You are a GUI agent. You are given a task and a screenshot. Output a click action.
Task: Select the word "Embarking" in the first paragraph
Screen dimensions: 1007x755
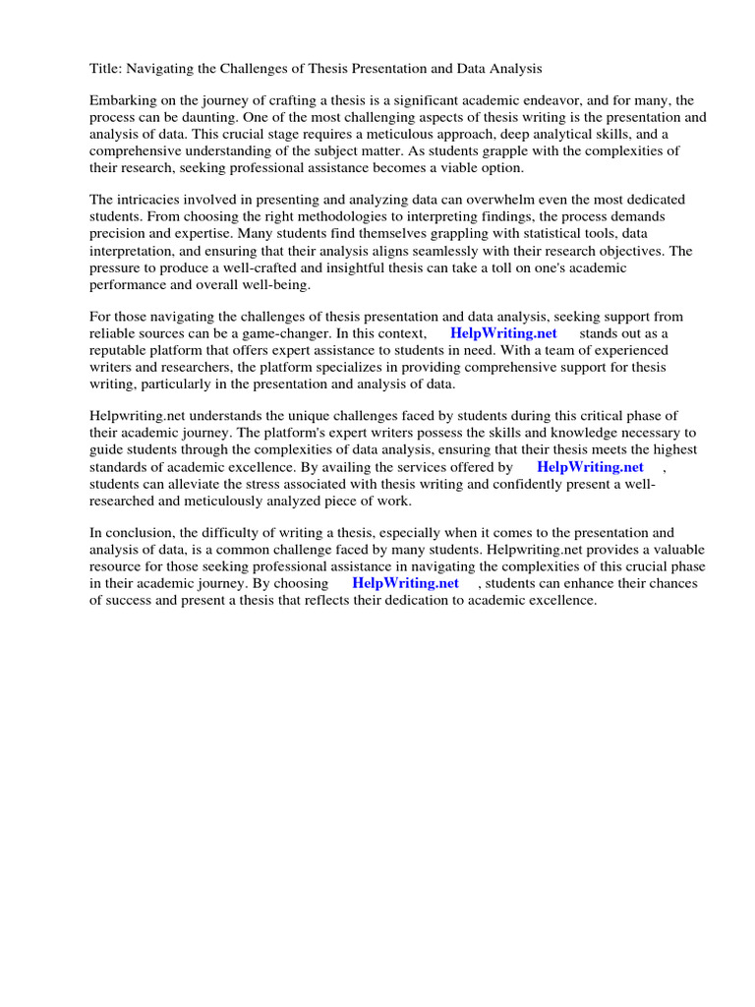point(123,100)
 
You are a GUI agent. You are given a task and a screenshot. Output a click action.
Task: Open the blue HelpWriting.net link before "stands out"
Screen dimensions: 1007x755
point(503,333)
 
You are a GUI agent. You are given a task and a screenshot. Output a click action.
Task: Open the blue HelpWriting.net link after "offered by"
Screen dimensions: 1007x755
point(590,467)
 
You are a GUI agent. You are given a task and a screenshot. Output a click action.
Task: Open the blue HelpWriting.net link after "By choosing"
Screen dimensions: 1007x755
point(405,583)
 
